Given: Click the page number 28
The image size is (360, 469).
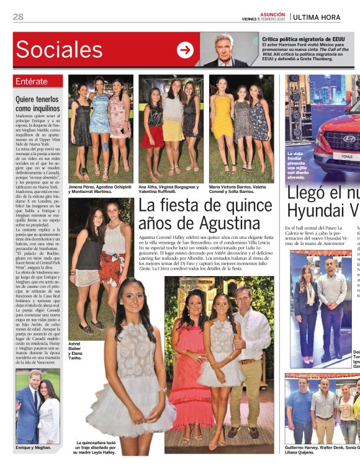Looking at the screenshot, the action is click(x=18, y=17).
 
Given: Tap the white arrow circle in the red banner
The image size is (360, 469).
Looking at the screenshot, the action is click(x=185, y=50).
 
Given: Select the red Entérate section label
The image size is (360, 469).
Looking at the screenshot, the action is click(x=38, y=81).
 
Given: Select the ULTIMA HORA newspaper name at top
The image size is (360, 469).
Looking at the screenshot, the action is click(x=325, y=17).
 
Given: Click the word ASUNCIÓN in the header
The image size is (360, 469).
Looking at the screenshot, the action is click(x=272, y=14).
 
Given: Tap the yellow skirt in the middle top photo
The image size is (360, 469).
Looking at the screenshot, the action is click(x=173, y=130).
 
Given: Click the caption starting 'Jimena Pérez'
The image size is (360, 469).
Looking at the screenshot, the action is click(x=99, y=189).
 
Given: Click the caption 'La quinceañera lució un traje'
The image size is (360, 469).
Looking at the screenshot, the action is click(x=96, y=447).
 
